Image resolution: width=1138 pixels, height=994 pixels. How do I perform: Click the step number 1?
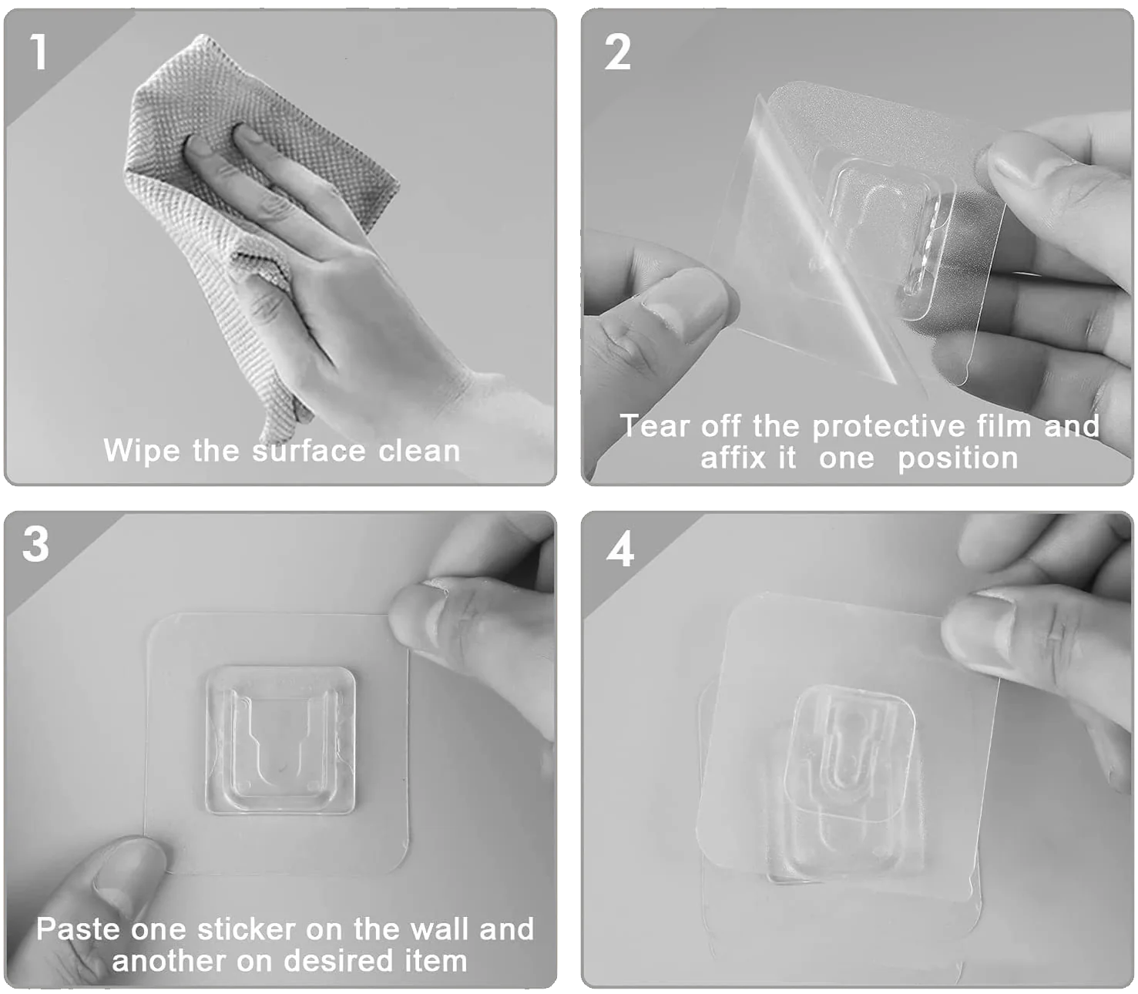click(39, 52)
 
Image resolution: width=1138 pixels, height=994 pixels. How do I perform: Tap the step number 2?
click(617, 53)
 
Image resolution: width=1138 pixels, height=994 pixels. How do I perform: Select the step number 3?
click(36, 545)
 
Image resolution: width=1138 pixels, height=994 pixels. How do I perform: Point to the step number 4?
click(620, 549)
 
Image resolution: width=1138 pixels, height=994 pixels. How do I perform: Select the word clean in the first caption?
click(419, 451)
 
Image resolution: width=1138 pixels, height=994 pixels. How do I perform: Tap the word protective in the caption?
click(889, 426)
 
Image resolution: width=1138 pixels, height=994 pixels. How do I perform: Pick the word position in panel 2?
click(958, 458)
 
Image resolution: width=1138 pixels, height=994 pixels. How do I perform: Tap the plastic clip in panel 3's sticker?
click(280, 740)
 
